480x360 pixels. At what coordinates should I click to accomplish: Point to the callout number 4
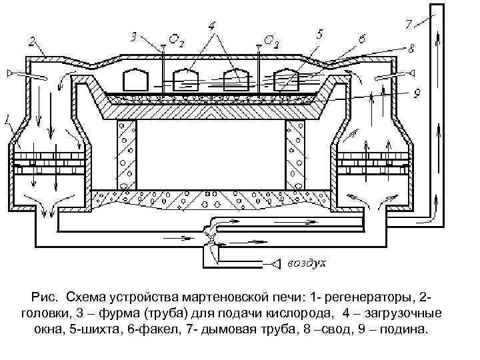click(211, 27)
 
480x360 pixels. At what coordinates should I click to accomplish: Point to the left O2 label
click(177, 41)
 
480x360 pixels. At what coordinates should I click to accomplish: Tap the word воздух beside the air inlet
click(307, 263)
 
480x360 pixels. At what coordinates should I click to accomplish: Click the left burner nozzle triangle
click(11, 71)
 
